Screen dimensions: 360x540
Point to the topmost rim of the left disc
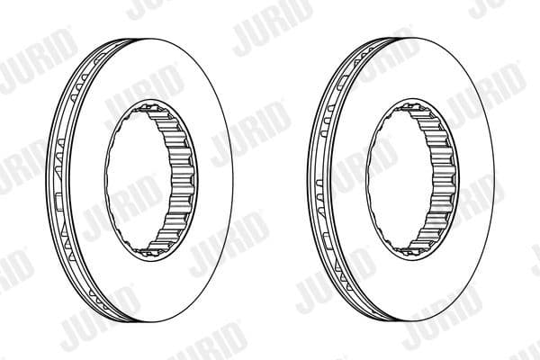pos(153,37)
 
